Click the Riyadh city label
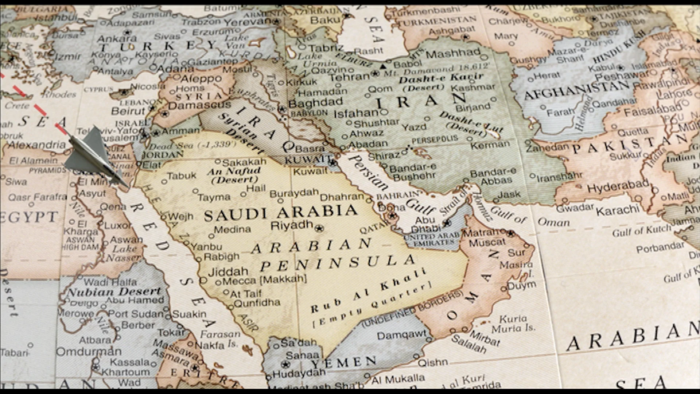pyautogui.click(x=292, y=225)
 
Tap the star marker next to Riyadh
pyautogui.click(x=319, y=229)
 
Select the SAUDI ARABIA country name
pyautogui.click(x=280, y=213)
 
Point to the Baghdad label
pyautogui.click(x=315, y=103)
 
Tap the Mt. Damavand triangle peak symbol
pyautogui.click(x=383, y=66)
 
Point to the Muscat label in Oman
pyautogui.click(x=487, y=242)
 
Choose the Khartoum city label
pyautogui.click(x=125, y=372)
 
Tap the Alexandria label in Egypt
pyautogui.click(x=36, y=145)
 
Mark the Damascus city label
pyautogui.click(x=199, y=105)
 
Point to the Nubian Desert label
pyautogui.click(x=114, y=291)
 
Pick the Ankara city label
pyautogui.click(x=117, y=38)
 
